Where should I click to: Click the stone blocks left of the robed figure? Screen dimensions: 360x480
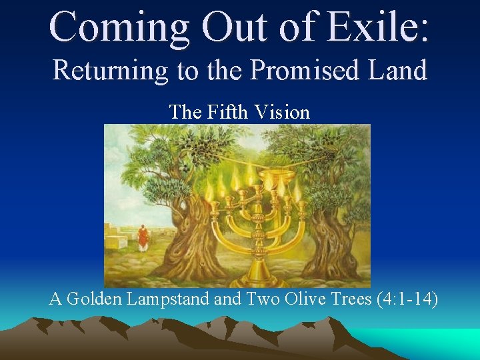[x=118, y=237]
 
